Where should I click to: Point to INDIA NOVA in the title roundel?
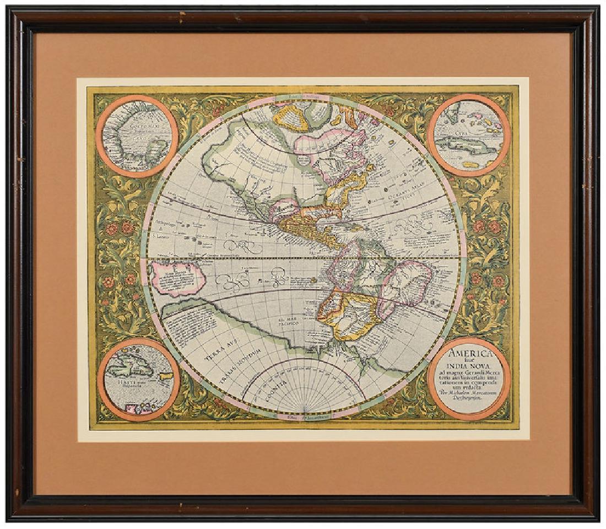click(468, 370)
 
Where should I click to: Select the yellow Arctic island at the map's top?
click(293, 118)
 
